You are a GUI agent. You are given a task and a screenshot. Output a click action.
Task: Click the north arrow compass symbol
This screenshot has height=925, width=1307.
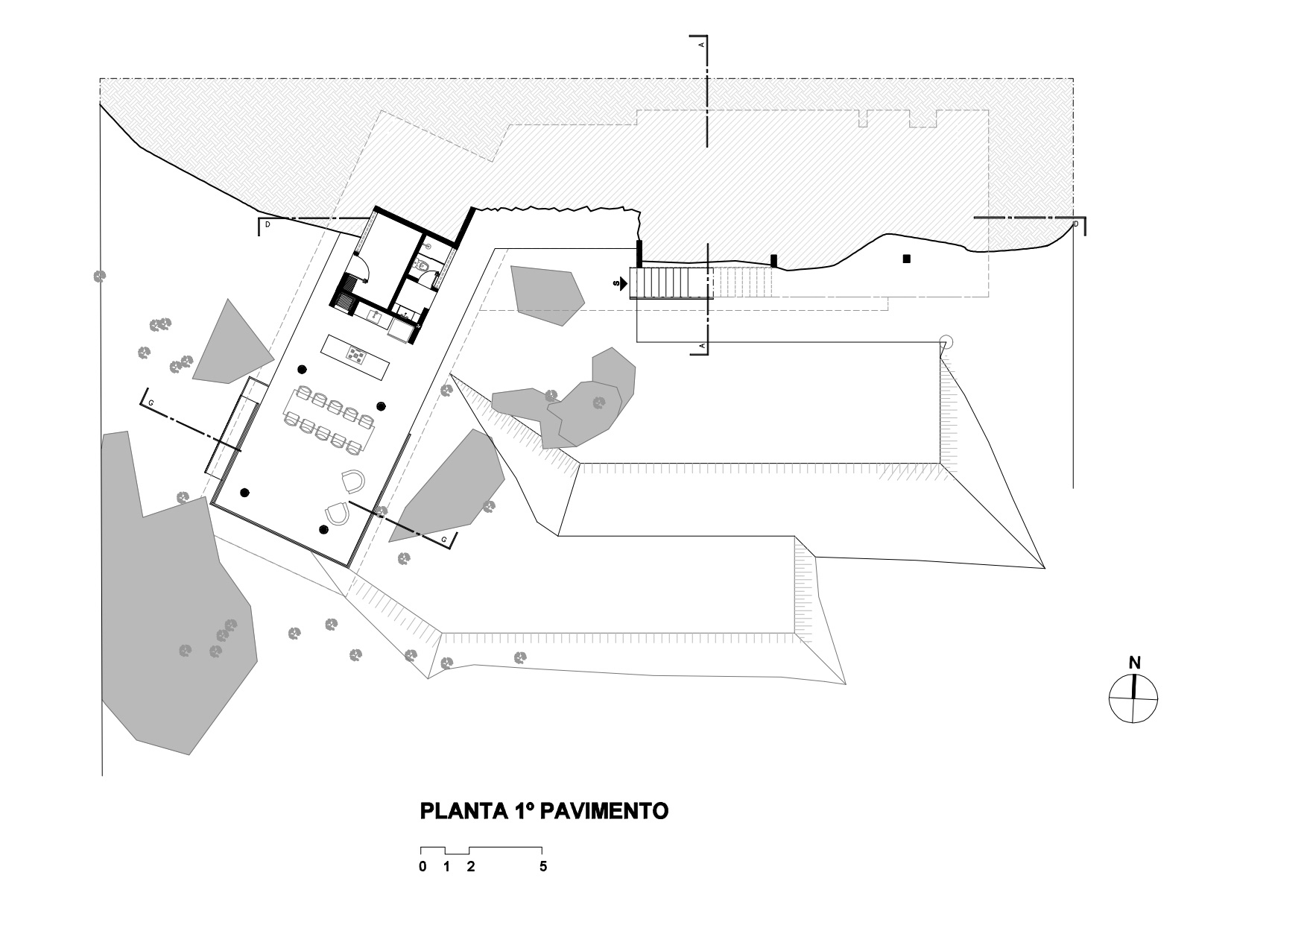(x=1133, y=698)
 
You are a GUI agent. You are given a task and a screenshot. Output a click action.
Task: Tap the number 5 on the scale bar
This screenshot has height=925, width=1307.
(x=543, y=867)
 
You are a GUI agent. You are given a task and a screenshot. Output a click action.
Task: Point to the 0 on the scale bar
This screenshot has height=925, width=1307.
(x=423, y=867)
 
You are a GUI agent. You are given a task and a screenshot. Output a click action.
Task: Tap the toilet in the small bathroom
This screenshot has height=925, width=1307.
(x=422, y=264)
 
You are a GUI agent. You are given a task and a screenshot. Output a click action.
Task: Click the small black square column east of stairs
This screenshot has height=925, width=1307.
(x=907, y=259)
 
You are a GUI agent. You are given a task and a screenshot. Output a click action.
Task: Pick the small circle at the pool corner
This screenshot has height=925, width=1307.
(x=946, y=342)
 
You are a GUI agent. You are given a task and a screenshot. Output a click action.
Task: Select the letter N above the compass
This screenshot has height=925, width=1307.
(x=1134, y=663)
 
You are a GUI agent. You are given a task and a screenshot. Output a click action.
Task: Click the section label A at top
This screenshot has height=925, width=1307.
(x=701, y=45)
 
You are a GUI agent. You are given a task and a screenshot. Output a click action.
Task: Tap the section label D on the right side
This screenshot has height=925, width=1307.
(x=1075, y=223)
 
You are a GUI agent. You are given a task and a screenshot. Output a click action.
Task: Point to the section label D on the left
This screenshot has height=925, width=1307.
(x=268, y=224)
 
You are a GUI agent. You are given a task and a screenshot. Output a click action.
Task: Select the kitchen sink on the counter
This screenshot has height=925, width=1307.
(x=375, y=316)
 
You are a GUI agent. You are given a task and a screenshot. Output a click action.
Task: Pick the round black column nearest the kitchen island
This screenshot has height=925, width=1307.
(x=302, y=369)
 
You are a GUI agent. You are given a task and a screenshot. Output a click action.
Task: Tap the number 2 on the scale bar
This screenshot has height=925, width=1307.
(x=471, y=867)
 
